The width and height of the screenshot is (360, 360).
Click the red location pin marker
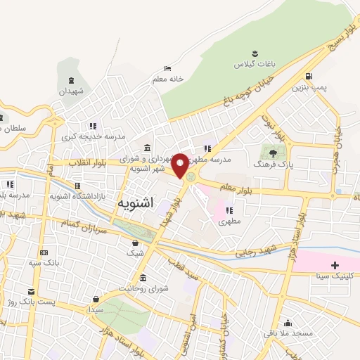point(180,165)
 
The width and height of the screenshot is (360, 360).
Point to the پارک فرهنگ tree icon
point(271,152)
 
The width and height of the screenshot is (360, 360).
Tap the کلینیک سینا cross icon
point(335,265)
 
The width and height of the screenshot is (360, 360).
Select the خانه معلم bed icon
point(167,68)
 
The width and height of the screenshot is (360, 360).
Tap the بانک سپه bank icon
point(44,253)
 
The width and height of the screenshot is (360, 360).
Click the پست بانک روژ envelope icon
point(30,291)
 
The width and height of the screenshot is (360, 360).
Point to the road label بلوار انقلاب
point(89,162)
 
